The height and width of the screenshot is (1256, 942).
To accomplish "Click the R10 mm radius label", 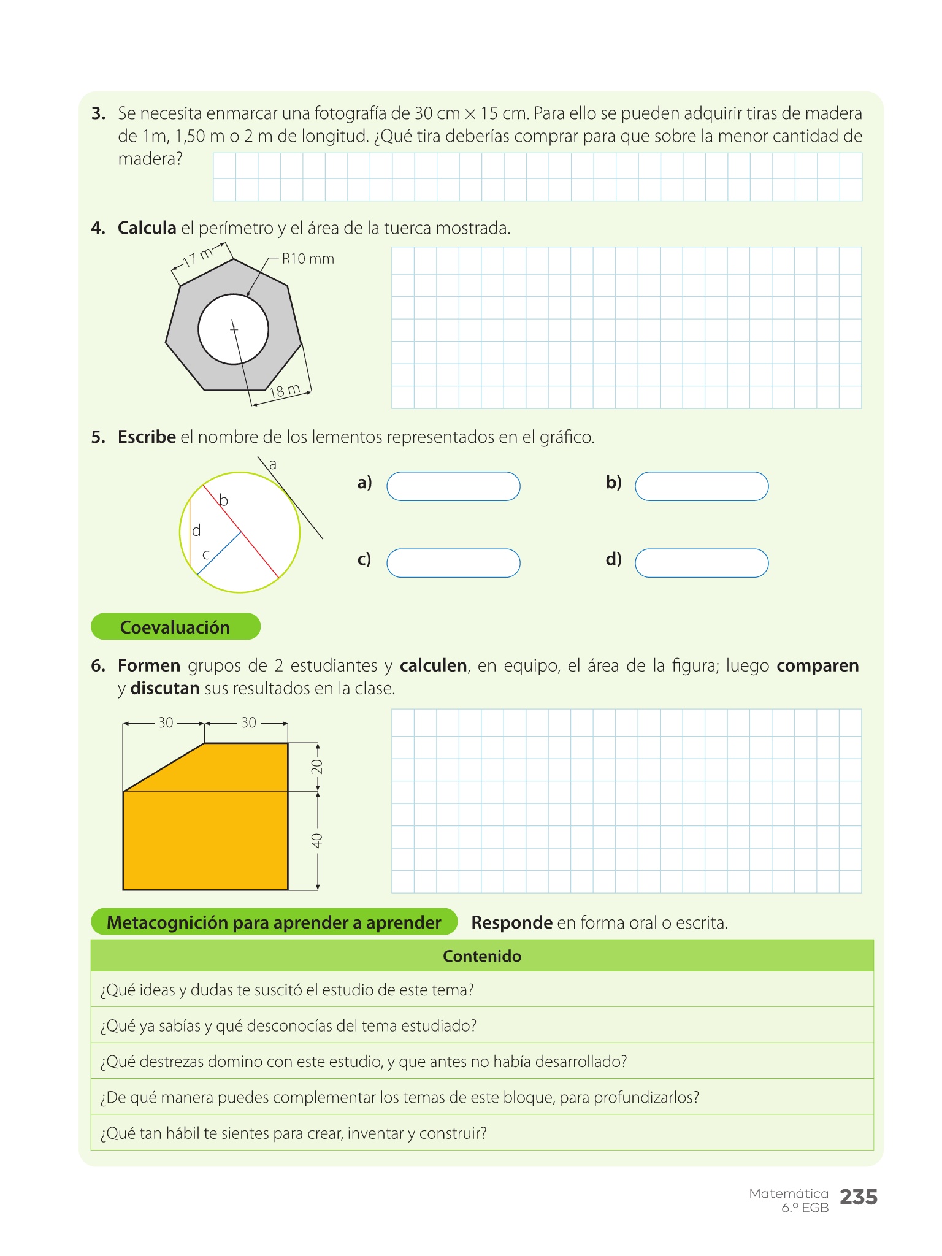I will click(x=308, y=259).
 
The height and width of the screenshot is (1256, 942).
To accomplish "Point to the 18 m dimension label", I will click(x=285, y=391).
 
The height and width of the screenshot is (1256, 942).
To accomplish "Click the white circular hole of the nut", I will click(x=234, y=329).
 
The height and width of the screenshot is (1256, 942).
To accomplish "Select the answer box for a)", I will click(x=453, y=486).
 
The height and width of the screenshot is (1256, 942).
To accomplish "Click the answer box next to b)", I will click(x=702, y=486).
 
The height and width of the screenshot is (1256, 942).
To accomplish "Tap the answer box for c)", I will click(x=453, y=563).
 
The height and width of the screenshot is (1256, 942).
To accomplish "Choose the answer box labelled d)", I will click(x=702, y=563).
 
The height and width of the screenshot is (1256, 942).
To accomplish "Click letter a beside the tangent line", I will click(x=273, y=465).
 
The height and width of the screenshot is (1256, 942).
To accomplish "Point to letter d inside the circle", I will click(x=196, y=530).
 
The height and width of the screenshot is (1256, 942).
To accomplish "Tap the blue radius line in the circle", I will click(x=219, y=553).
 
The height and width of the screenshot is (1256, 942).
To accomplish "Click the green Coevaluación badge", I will click(x=175, y=627).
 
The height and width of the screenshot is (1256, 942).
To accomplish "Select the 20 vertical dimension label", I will click(x=317, y=767).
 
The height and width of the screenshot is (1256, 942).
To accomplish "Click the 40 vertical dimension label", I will click(x=317, y=841).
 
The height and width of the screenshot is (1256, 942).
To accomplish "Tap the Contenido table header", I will click(x=482, y=956).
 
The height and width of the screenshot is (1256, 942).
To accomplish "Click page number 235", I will click(x=859, y=1197).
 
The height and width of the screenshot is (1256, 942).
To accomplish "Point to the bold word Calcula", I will click(x=147, y=228).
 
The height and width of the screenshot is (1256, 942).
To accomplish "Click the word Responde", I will click(x=511, y=922).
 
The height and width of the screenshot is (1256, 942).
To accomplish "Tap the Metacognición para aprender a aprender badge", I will click(x=274, y=922).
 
